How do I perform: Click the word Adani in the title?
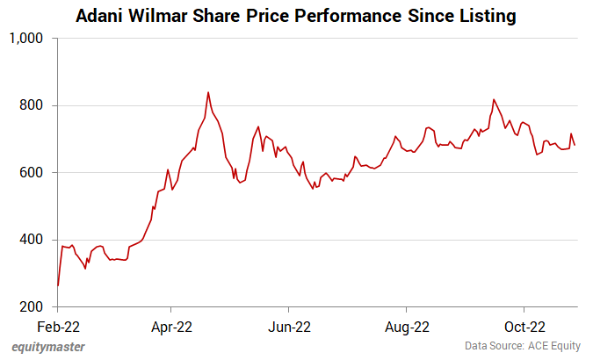point(100,17)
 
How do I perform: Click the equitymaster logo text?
point(48,347)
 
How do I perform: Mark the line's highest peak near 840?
point(208,92)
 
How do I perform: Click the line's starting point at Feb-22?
point(58,285)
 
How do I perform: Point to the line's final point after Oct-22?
point(575,145)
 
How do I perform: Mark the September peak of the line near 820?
point(494,99)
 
